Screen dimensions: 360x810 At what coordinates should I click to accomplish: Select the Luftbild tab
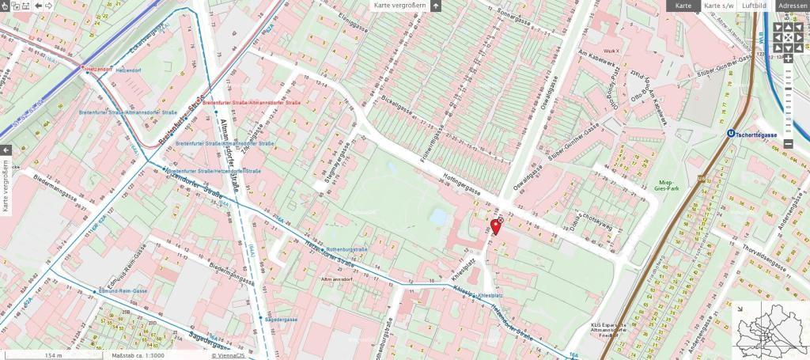click(755, 6)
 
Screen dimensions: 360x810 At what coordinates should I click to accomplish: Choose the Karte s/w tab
click(718, 6)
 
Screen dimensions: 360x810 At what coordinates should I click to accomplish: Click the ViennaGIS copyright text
click(225, 355)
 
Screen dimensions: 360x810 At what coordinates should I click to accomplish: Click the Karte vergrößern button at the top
click(400, 6)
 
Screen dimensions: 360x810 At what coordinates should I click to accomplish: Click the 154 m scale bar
click(53, 355)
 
